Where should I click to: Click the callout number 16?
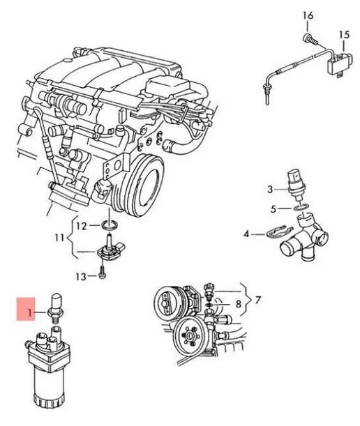[308, 15]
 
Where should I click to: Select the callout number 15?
[343, 34]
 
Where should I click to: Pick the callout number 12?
[81, 225]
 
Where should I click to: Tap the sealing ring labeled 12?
[109, 225]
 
